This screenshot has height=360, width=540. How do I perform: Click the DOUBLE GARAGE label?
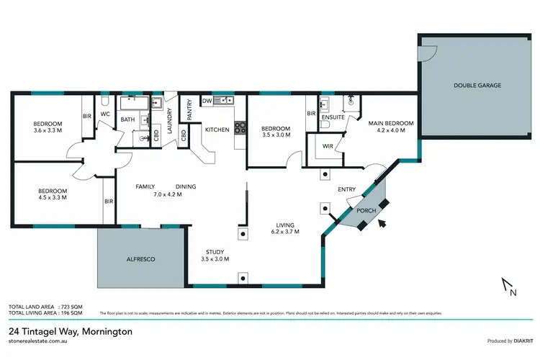(477, 85)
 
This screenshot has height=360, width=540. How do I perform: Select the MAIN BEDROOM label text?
(391, 123)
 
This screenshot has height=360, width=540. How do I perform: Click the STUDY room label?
(217, 250)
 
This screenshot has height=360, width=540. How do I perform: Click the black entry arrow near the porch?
(381, 223)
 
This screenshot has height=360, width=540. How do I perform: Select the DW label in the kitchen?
(207, 101)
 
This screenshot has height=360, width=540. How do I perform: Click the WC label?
(104, 114)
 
